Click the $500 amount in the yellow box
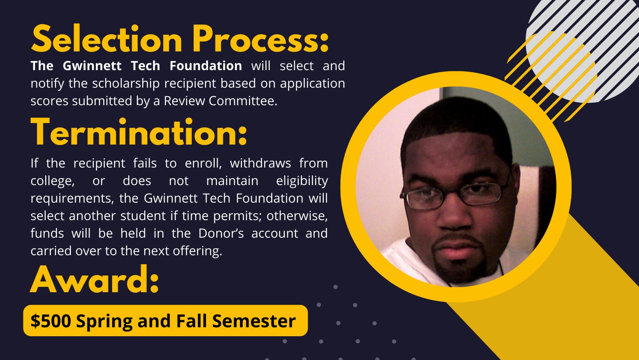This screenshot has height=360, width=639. (x=51, y=321)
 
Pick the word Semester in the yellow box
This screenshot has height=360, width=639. (x=254, y=321)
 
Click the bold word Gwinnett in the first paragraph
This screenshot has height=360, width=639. (x=92, y=65)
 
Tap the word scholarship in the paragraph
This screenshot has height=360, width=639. (x=126, y=84)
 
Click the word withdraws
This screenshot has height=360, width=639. (x=260, y=163)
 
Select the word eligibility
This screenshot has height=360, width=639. (x=302, y=181)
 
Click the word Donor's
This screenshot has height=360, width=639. (x=221, y=233)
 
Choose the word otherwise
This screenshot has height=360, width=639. (x=297, y=216)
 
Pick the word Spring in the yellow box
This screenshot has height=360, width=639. (x=104, y=321)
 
